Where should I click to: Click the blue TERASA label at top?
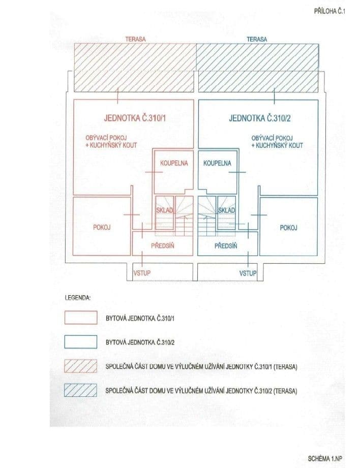coord(257,39)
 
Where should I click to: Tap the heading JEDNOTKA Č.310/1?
coord(134,119)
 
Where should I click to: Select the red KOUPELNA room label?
coord(174,163)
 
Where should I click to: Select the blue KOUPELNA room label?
coord(217,163)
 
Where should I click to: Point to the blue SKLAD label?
coord(226,210)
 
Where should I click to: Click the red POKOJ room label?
coord(102,227)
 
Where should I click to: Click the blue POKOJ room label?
coord(289,227)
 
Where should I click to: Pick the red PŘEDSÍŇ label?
coord(164,245)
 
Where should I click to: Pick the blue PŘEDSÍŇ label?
coord(226,245)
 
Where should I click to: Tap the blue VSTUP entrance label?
coord(248,273)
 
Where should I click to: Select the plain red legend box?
coord(81,317)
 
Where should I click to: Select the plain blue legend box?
coord(81,341)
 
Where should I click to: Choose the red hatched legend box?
coord(81,366)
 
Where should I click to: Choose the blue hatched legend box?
coord(81,390)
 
